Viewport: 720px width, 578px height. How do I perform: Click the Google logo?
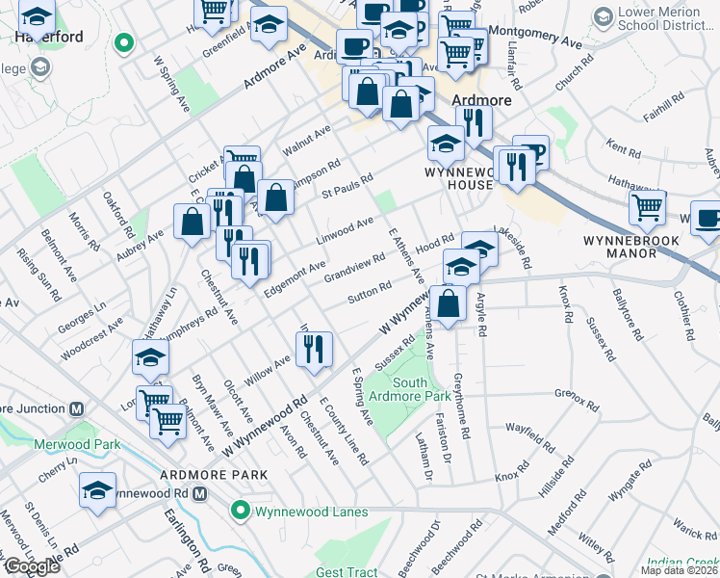coord(31,566)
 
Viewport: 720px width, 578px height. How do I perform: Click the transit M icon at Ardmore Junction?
coord(77,408)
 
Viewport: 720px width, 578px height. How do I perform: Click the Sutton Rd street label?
coord(369,292)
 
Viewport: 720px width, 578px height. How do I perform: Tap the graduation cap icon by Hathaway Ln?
coord(151,357)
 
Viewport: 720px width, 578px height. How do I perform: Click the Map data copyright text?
coord(679,570)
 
